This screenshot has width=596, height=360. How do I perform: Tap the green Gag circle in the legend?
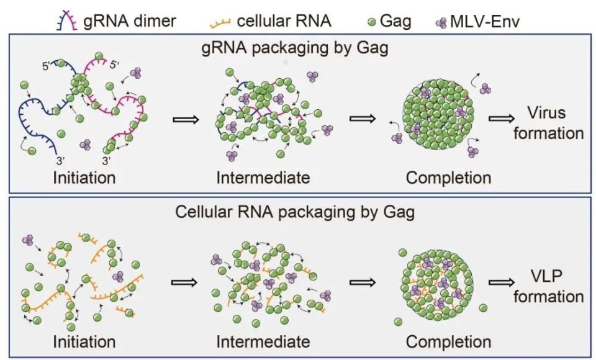pos(371,22)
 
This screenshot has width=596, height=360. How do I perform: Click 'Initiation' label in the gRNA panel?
pos(84,178)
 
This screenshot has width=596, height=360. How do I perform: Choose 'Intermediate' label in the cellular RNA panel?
pos(263,341)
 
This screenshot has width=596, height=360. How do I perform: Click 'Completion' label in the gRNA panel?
pos(448,178)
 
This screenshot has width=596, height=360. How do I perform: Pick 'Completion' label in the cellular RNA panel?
pos(448,341)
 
